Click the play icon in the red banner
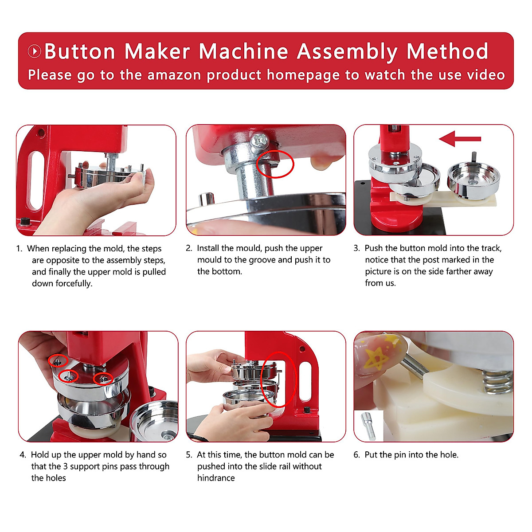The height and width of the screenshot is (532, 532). tap(35, 51)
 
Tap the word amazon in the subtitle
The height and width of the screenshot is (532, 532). tap(174, 75)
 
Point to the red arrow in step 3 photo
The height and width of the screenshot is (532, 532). tap(460, 139)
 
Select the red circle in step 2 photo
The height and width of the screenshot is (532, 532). tap(275, 164)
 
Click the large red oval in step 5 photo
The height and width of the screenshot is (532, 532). tap(279, 379)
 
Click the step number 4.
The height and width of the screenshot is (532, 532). tap(23, 455)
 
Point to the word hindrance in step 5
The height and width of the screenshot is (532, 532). tap(216, 478)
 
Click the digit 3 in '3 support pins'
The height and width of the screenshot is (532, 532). tap(66, 466)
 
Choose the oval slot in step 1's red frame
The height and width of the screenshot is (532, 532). tap(37, 180)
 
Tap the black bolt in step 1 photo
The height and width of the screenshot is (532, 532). tap(26, 221)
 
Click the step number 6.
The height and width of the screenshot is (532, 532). tap(356, 455)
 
